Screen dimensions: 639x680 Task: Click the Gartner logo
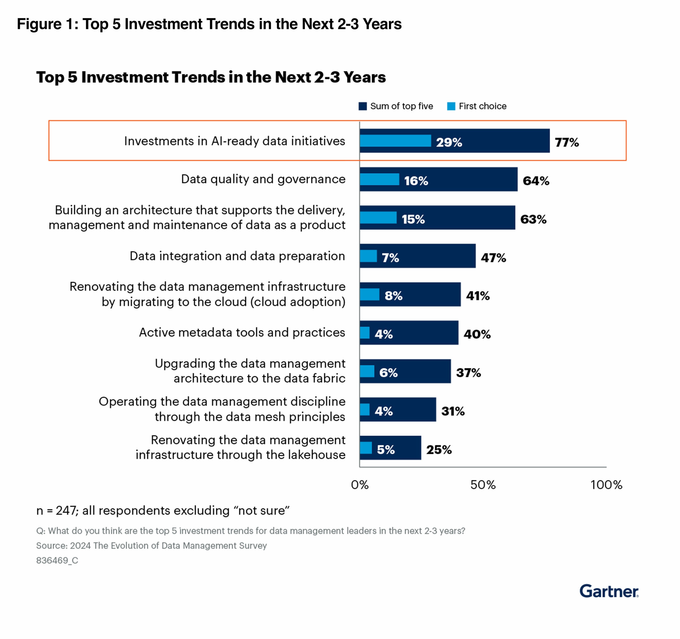click(x=609, y=591)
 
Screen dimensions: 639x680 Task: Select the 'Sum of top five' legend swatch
click(x=363, y=106)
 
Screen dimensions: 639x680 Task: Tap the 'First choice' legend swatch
click(x=451, y=106)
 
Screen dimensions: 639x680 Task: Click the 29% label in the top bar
click(x=449, y=142)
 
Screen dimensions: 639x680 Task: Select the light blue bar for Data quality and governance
click(x=379, y=179)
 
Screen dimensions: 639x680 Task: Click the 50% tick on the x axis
click(x=483, y=485)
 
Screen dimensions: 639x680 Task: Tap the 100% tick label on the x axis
click(x=606, y=485)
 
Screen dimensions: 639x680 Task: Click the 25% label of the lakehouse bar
click(x=439, y=450)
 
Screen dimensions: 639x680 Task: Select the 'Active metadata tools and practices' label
click(x=242, y=332)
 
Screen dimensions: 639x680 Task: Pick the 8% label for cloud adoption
click(x=393, y=296)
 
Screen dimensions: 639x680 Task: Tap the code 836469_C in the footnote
click(x=57, y=561)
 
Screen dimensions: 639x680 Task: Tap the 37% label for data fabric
click(x=468, y=373)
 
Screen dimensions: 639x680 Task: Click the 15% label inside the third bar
click(x=413, y=219)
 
